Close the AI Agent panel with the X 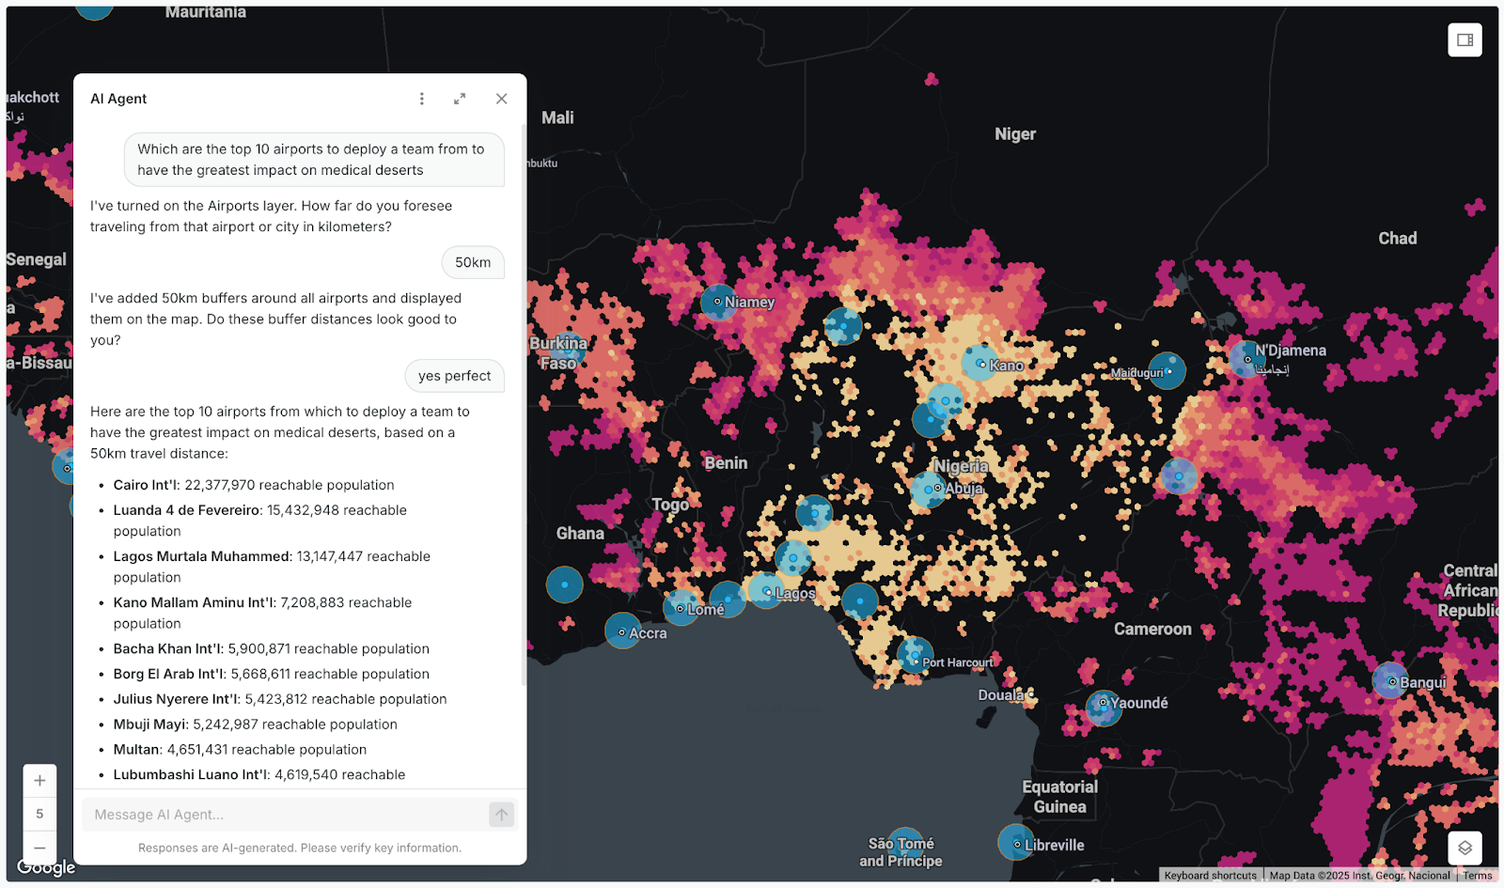click(x=501, y=99)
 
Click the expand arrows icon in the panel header click(x=460, y=99)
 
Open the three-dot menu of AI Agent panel click(x=421, y=99)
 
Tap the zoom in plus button click(x=39, y=781)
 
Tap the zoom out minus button click(x=39, y=847)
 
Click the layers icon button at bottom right click(x=1465, y=848)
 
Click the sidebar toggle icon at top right click(x=1465, y=39)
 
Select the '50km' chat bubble click(x=473, y=262)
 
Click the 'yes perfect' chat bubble click(x=454, y=376)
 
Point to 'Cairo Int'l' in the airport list click(x=146, y=485)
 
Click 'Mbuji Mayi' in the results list click(x=150, y=724)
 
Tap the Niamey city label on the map click(x=749, y=303)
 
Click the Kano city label click(x=1006, y=366)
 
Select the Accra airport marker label click(x=648, y=633)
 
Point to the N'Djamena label click(x=1290, y=351)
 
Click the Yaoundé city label click(x=1138, y=703)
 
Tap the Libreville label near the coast click(x=1054, y=845)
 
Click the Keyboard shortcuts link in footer click(x=1210, y=876)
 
